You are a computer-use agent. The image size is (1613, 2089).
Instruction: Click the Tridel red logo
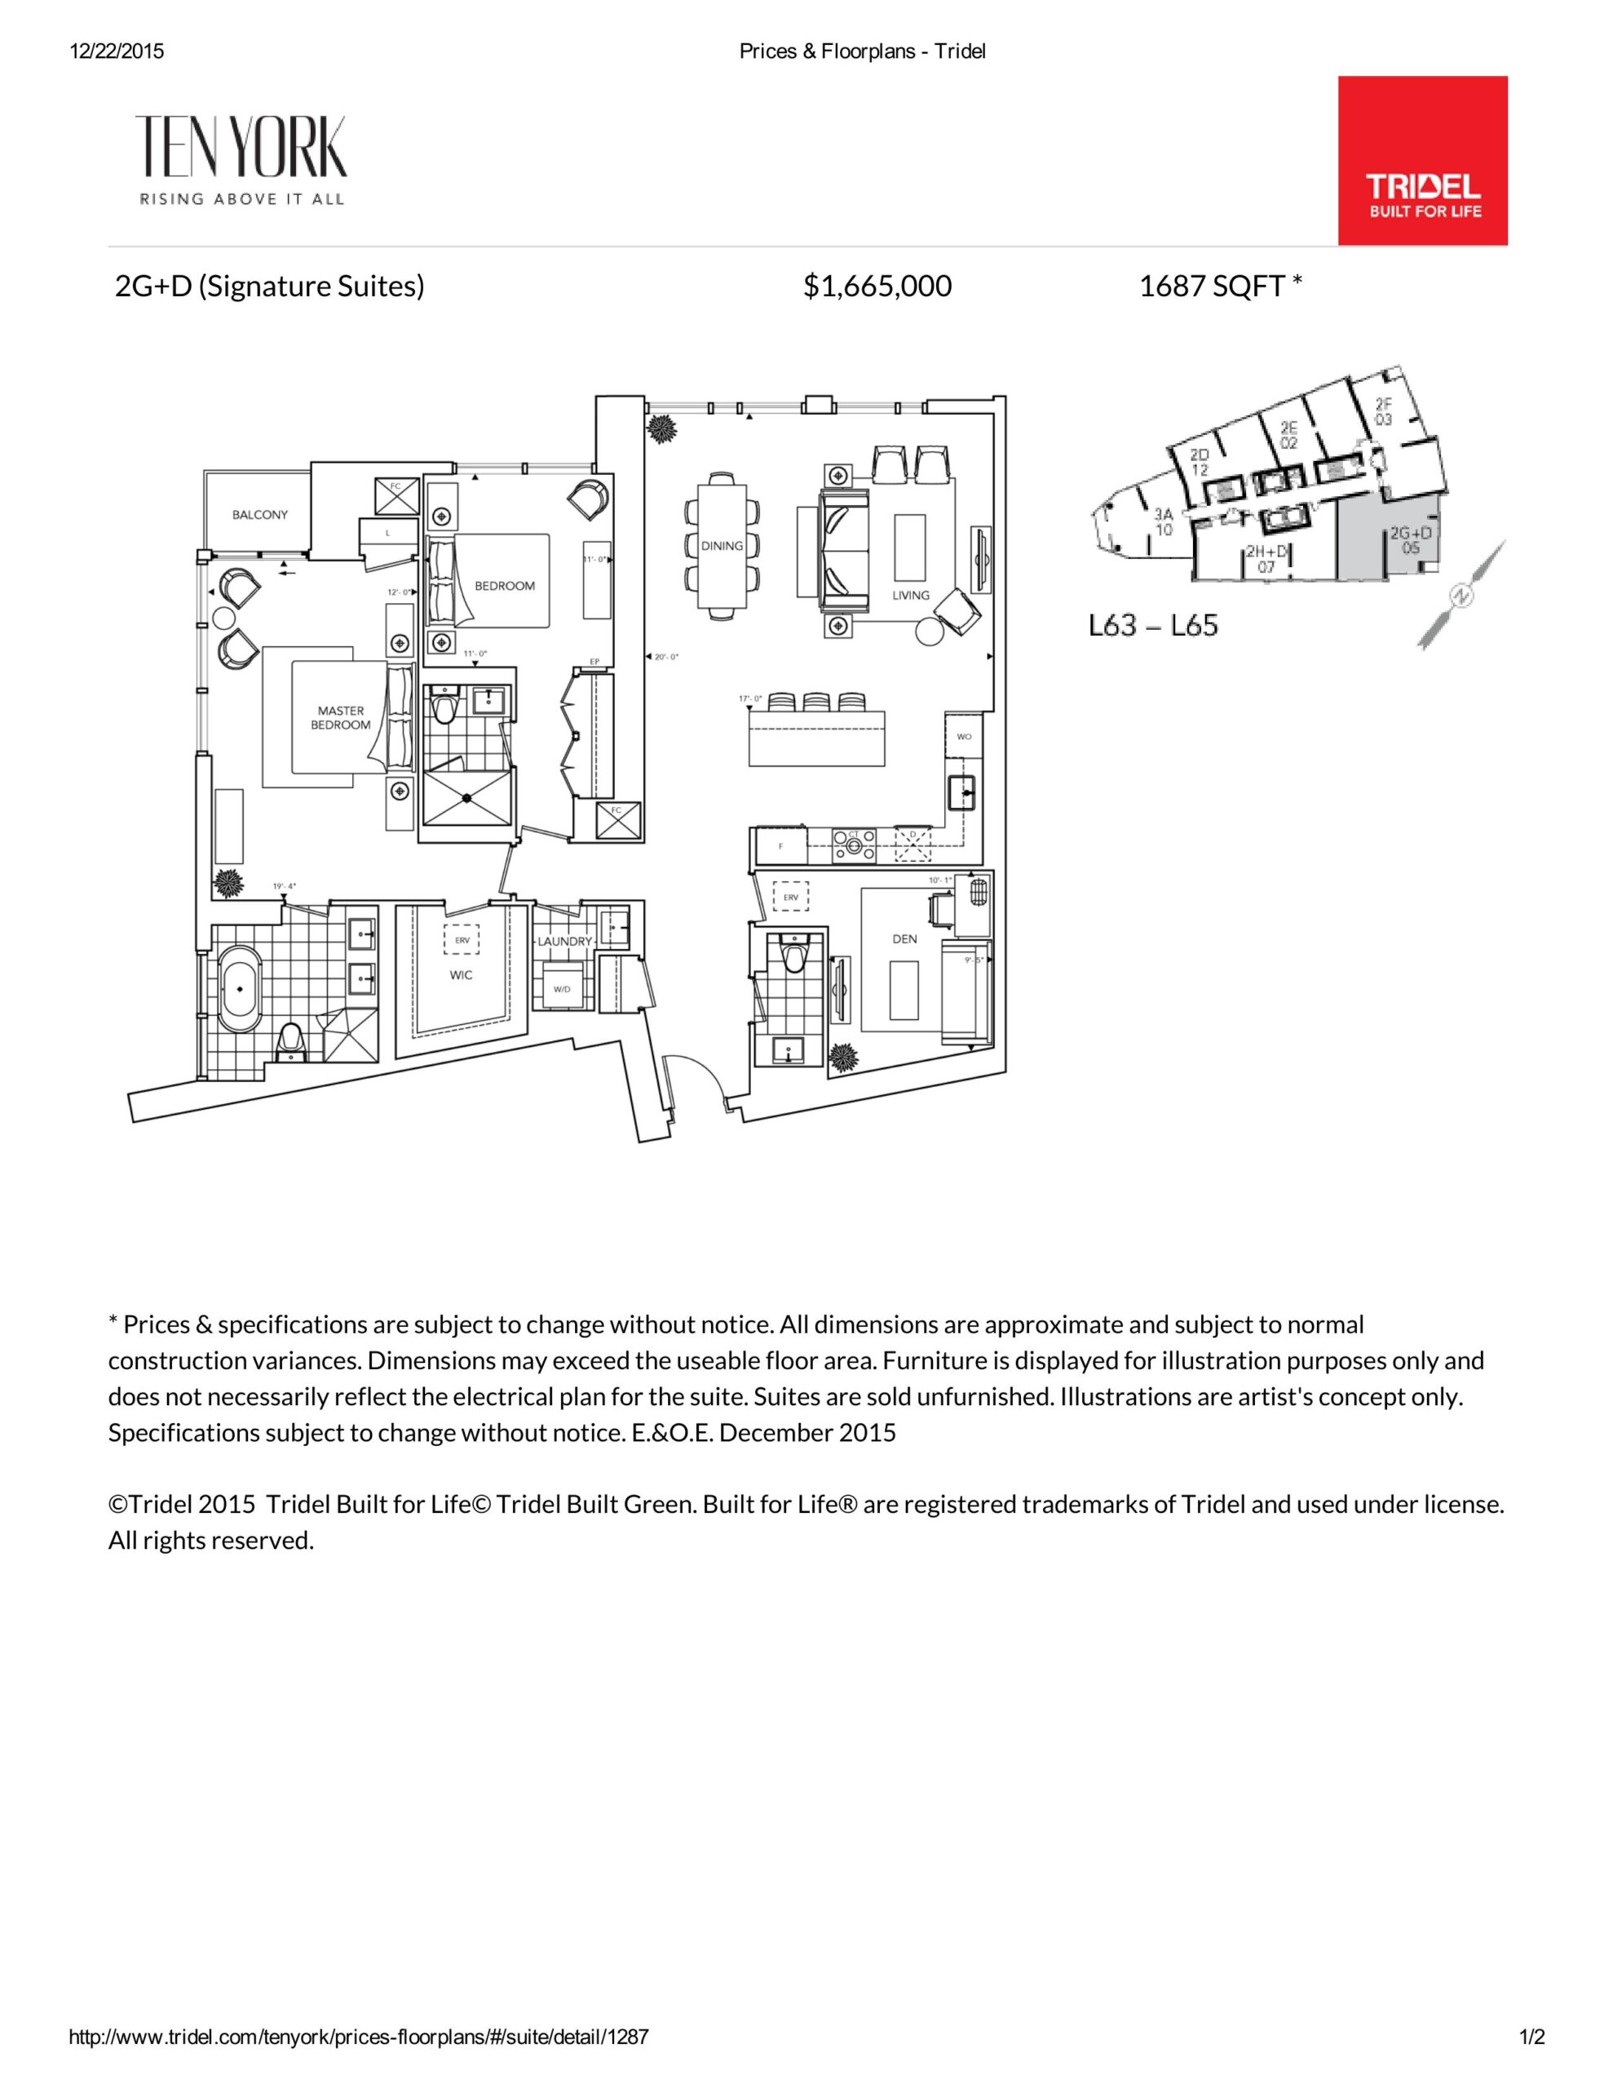pyautogui.click(x=1422, y=161)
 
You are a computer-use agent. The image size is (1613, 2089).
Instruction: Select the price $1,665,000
pyautogui.click(x=877, y=286)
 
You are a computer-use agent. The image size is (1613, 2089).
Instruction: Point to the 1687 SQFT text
pyautogui.click(x=1219, y=286)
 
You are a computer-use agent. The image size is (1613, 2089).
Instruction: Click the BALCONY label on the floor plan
pyautogui.click(x=259, y=515)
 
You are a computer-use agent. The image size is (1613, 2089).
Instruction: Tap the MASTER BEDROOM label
pyautogui.click(x=340, y=717)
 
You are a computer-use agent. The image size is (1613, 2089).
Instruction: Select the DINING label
pyautogui.click(x=722, y=546)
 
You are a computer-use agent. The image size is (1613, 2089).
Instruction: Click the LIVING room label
pyautogui.click(x=910, y=595)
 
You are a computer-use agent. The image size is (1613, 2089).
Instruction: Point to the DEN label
pyautogui.click(x=904, y=938)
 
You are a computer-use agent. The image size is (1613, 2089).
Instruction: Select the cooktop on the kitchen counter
pyautogui.click(x=854, y=842)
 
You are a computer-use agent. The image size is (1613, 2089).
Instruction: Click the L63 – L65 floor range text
pyautogui.click(x=1153, y=626)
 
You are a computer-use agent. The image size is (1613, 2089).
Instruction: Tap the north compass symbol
pyautogui.click(x=1463, y=596)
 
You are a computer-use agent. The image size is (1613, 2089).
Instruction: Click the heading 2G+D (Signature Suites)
pyautogui.click(x=270, y=286)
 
